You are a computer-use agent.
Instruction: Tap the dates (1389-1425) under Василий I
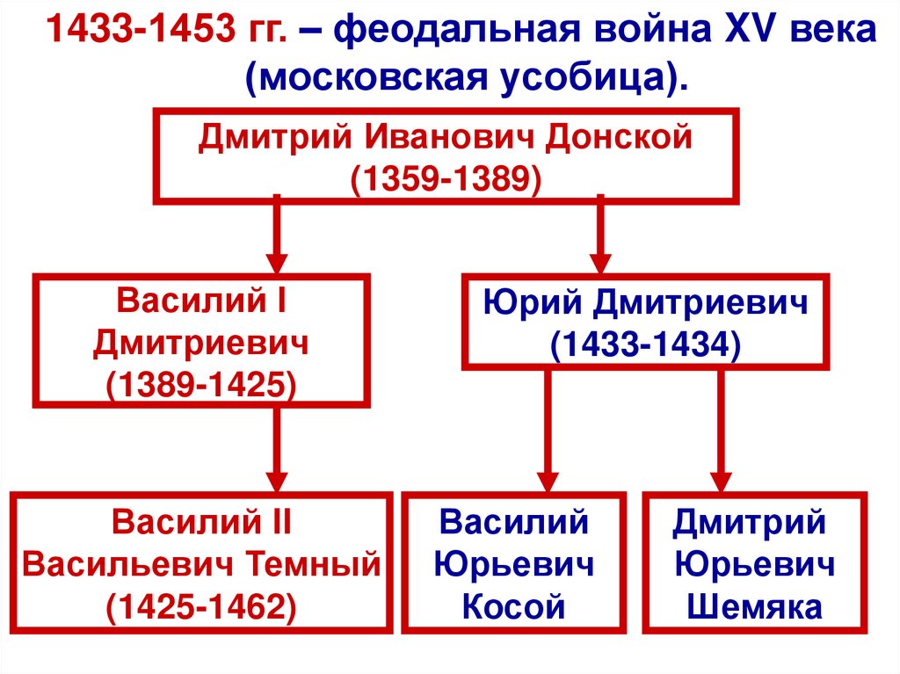tap(200, 384)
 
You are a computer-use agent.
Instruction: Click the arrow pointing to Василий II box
tap(277, 452)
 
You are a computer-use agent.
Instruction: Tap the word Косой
tap(513, 606)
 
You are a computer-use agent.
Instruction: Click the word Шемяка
tap(755, 606)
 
